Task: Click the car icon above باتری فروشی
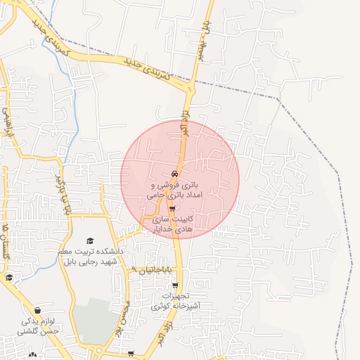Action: click(174, 173)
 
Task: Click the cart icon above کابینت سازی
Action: click(172, 209)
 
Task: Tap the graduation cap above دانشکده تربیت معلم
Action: click(89, 241)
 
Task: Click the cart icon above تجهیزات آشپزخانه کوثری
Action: click(175, 285)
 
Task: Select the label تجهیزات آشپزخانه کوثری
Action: click(175, 302)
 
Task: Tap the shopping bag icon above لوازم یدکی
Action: click(37, 310)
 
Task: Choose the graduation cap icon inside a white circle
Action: click(9, 278)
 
